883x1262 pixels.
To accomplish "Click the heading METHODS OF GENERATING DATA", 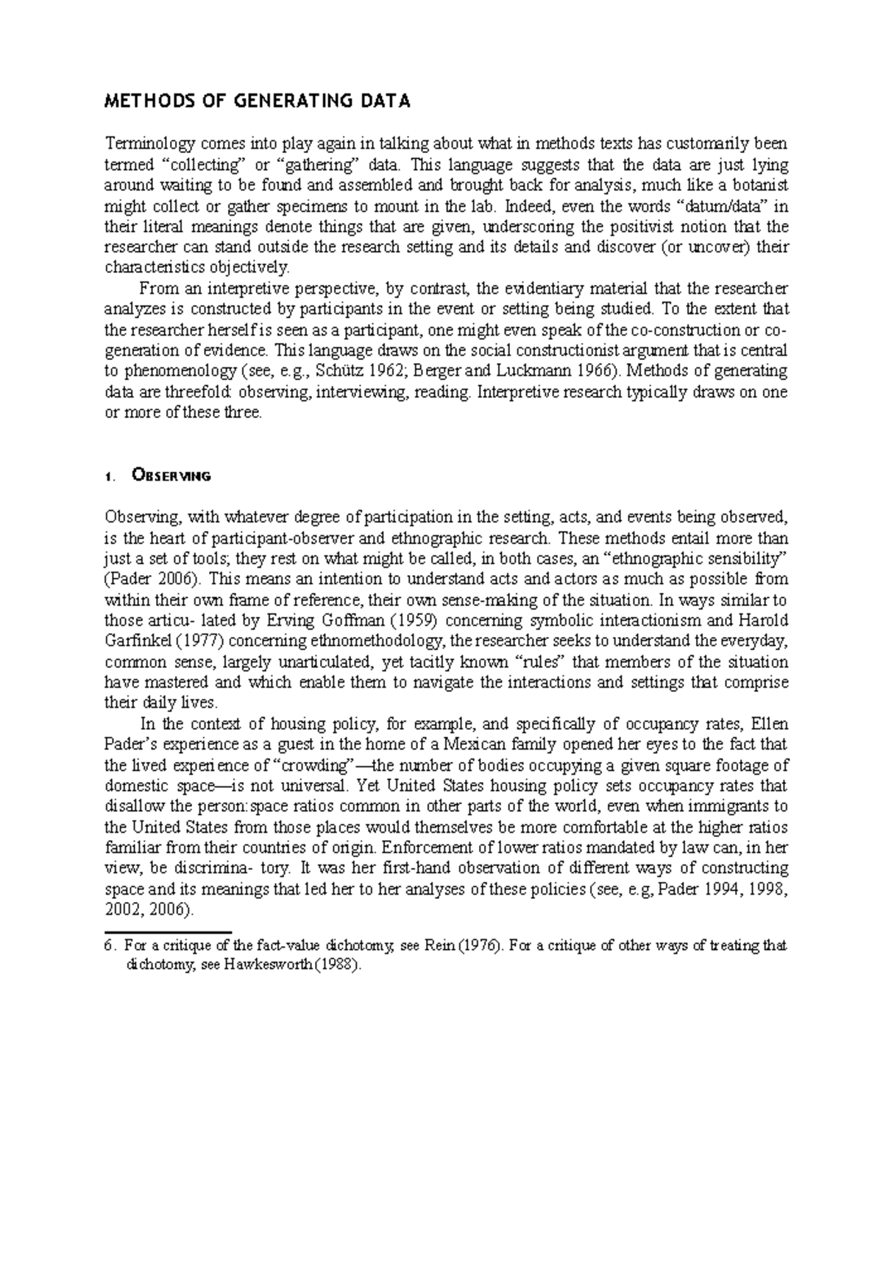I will click(257, 102).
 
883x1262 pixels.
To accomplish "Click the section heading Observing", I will click(170, 476).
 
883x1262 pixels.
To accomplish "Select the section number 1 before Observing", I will click(108, 477).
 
